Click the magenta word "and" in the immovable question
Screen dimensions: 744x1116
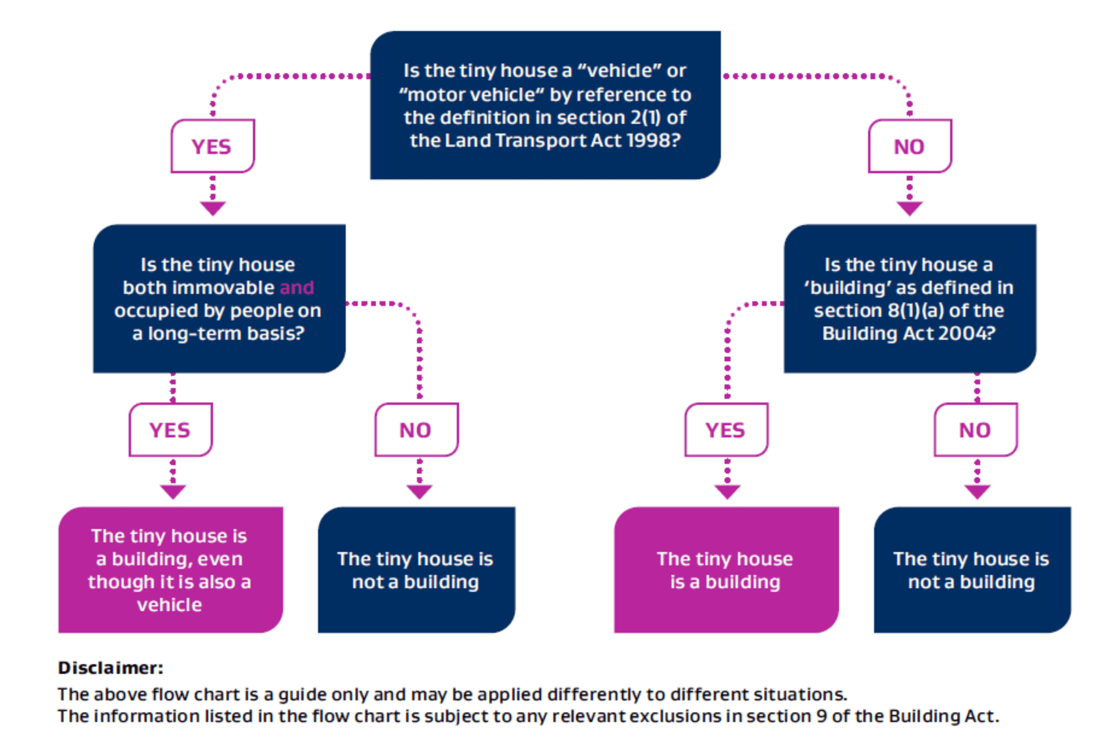click(x=296, y=288)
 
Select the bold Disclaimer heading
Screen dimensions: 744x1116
click(x=110, y=668)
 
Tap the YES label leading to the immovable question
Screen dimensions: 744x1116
click(x=212, y=146)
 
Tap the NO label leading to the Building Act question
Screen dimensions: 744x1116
click(x=909, y=146)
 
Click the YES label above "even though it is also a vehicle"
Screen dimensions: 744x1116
click(x=170, y=430)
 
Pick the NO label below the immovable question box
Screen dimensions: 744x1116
click(x=416, y=430)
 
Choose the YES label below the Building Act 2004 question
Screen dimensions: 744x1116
click(x=725, y=430)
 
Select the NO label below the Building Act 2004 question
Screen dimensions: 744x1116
click(x=975, y=430)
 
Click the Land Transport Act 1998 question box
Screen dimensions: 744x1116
click(x=545, y=105)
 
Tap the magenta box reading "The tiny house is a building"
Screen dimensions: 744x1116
click(x=725, y=570)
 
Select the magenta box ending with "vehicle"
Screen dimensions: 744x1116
click(x=170, y=570)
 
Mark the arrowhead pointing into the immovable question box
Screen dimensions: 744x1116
click(x=213, y=208)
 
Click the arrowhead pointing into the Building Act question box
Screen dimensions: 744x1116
click(x=910, y=208)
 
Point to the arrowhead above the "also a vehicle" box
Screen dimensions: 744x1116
click(x=173, y=492)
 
